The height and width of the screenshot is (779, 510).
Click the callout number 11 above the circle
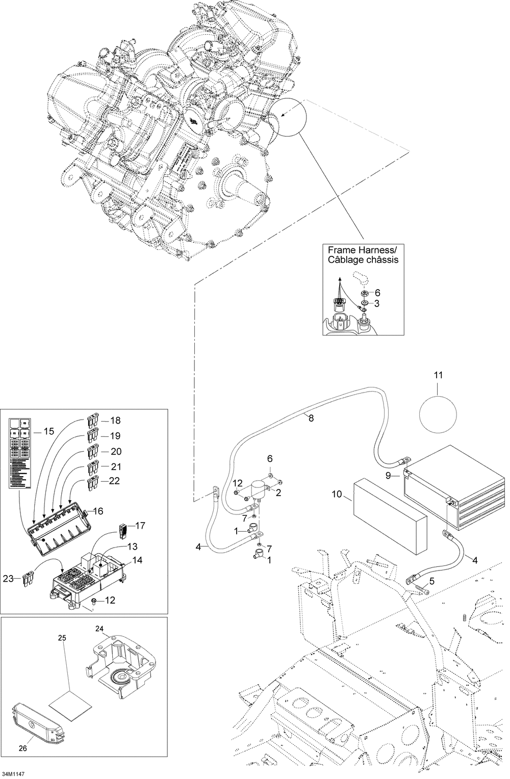tap(438, 375)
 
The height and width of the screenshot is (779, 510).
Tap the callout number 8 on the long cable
tap(311, 418)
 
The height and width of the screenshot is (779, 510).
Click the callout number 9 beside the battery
tap(388, 476)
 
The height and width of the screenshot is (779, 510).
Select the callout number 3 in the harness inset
tap(377, 304)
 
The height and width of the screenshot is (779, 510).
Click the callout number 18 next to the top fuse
tap(115, 421)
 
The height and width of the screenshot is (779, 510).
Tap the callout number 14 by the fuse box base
tap(137, 560)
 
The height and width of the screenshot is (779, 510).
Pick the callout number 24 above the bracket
tap(99, 629)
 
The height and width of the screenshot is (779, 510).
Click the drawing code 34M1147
tap(13, 774)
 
